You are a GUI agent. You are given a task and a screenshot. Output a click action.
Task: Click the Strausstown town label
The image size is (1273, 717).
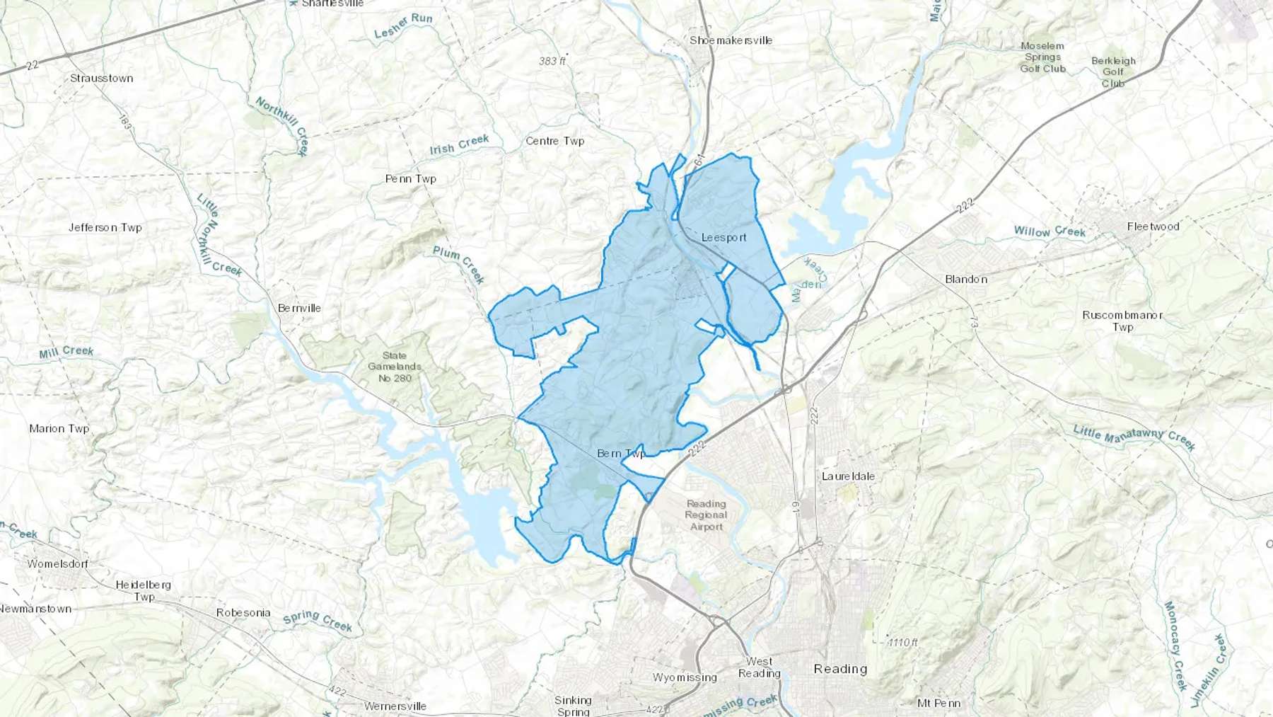101,78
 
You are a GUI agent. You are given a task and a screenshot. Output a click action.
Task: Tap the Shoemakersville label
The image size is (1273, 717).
731,40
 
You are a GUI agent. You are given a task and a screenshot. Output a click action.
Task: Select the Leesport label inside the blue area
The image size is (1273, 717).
723,237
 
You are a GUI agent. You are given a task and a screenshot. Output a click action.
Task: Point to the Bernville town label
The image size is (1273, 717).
299,308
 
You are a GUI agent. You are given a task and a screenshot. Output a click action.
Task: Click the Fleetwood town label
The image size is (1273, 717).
1153,226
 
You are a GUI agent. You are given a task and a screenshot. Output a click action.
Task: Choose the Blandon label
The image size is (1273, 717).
966,279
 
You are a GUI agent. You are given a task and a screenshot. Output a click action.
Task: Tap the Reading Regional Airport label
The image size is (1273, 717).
706,515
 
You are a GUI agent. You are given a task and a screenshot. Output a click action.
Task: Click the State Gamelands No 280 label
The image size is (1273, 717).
395,367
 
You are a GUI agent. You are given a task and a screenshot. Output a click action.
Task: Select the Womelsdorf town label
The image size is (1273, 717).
58,563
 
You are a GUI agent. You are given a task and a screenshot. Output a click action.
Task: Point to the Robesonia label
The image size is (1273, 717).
243,612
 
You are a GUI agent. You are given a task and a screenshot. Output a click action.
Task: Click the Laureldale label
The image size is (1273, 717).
848,476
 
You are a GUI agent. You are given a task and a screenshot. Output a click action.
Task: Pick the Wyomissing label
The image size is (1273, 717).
685,677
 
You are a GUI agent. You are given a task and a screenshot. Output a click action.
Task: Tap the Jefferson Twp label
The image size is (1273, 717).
105,227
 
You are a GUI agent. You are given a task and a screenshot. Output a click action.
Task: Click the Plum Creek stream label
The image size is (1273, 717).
459,265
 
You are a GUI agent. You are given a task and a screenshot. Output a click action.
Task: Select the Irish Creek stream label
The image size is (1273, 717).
459,144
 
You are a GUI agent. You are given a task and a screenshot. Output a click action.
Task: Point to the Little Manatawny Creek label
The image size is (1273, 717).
1134,437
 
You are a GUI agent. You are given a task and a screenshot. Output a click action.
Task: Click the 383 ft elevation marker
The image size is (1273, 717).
553,61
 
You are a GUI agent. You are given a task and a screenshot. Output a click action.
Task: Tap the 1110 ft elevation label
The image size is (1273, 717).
902,642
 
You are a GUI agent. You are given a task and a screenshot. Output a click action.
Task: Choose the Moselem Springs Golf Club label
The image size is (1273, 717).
1042,57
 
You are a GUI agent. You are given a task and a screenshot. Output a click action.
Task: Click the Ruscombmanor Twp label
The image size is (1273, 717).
1122,321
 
